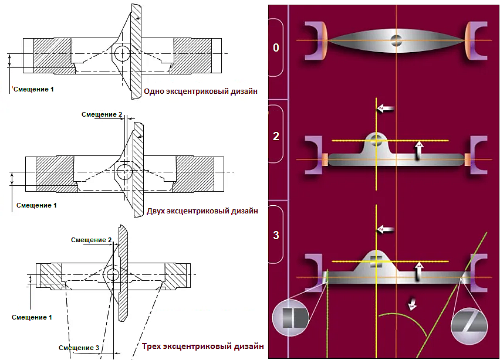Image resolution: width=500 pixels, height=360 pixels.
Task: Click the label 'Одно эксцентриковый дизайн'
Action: [x=201, y=91]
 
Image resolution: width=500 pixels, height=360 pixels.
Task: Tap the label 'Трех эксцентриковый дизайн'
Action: [x=202, y=347]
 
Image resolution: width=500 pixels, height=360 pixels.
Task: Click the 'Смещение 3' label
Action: [x=79, y=348]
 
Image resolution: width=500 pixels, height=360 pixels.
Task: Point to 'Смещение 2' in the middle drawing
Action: [x=102, y=114]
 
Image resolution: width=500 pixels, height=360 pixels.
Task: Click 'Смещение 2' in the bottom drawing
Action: [x=91, y=240]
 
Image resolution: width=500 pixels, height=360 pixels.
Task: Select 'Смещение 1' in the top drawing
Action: [x=35, y=89]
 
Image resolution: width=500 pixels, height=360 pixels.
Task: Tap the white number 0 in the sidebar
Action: [x=276, y=47]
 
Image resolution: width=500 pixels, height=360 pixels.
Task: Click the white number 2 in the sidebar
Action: [x=276, y=137]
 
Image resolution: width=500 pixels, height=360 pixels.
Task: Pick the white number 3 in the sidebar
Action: [x=276, y=236]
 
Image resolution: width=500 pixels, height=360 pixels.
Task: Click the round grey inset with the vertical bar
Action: [x=290, y=318]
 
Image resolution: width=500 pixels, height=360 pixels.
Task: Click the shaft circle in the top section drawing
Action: [x=122, y=53]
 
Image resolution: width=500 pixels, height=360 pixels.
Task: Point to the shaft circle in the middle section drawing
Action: [x=124, y=172]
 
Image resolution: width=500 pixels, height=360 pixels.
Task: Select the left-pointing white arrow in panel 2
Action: [x=385, y=109]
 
